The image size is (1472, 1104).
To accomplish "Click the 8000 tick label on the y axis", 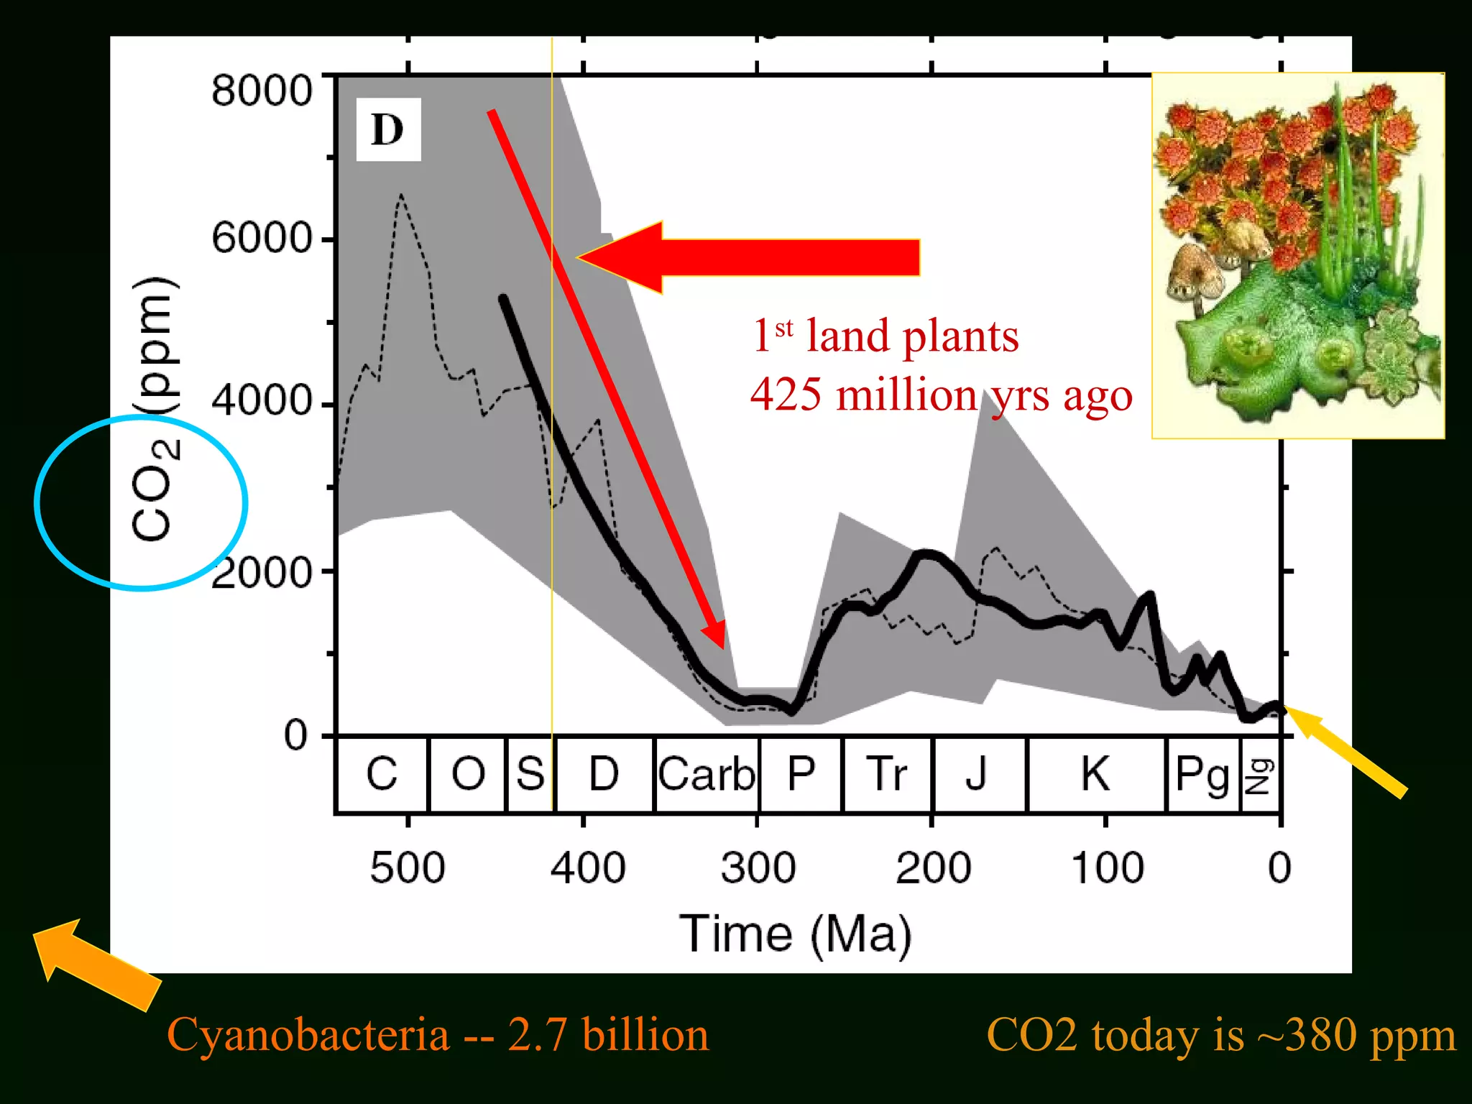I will point(262,91).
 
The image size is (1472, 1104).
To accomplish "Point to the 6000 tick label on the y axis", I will point(262,238).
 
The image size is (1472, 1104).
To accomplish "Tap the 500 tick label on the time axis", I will point(407,868).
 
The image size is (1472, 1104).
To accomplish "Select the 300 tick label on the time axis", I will point(758,868).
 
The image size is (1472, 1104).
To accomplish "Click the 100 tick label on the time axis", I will point(1107,868).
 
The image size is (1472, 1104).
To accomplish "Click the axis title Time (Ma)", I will point(795,934).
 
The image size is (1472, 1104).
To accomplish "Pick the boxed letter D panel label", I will point(388,130).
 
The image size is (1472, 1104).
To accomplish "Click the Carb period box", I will point(707,775).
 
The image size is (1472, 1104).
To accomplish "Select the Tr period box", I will point(887,775).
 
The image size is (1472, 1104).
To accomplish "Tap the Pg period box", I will point(1202,775).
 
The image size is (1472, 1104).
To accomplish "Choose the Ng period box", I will point(1260,775).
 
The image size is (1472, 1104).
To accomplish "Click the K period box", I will point(1095,775).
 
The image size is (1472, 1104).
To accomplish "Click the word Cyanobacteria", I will point(308,1036).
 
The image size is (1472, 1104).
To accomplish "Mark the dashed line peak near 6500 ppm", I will point(401,195).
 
